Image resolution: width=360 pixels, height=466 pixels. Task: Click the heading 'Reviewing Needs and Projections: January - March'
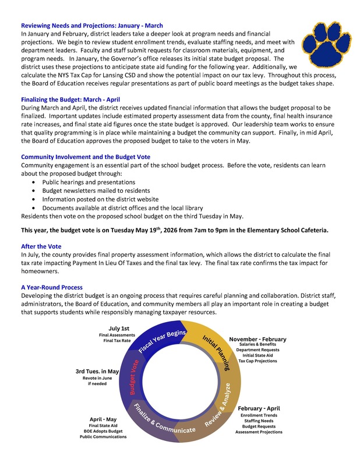pos(92,26)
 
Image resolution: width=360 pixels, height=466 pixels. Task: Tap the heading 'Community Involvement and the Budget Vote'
pos(86,157)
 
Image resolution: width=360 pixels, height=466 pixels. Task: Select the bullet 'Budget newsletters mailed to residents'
pos(96,190)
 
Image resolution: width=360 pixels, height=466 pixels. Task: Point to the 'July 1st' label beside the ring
pos(119,329)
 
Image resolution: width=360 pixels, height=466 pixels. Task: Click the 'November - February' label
pos(257,339)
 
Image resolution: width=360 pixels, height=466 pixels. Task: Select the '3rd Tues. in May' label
pos(97,371)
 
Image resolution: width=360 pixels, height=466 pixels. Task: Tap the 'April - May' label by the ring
pos(103,419)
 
